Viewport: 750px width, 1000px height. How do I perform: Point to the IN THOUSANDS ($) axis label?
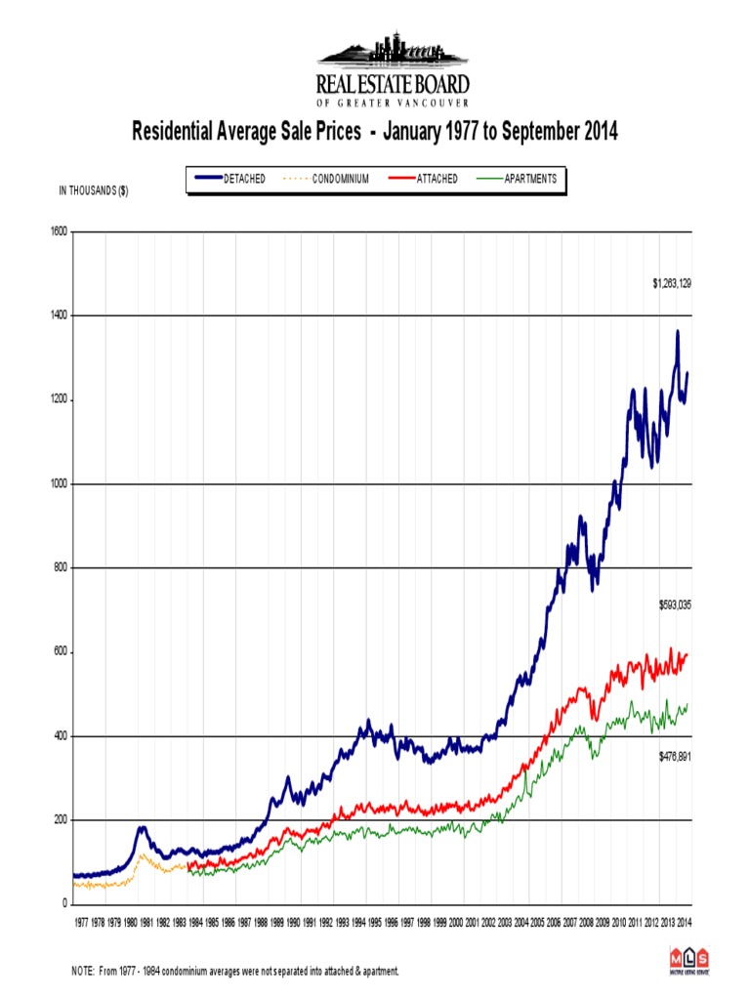[94, 191]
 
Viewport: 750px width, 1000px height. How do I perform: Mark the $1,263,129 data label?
[672, 283]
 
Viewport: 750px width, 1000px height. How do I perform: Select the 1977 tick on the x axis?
[81, 921]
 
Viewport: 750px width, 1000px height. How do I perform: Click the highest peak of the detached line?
[678, 332]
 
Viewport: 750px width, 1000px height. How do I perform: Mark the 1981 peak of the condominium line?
[141, 855]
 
